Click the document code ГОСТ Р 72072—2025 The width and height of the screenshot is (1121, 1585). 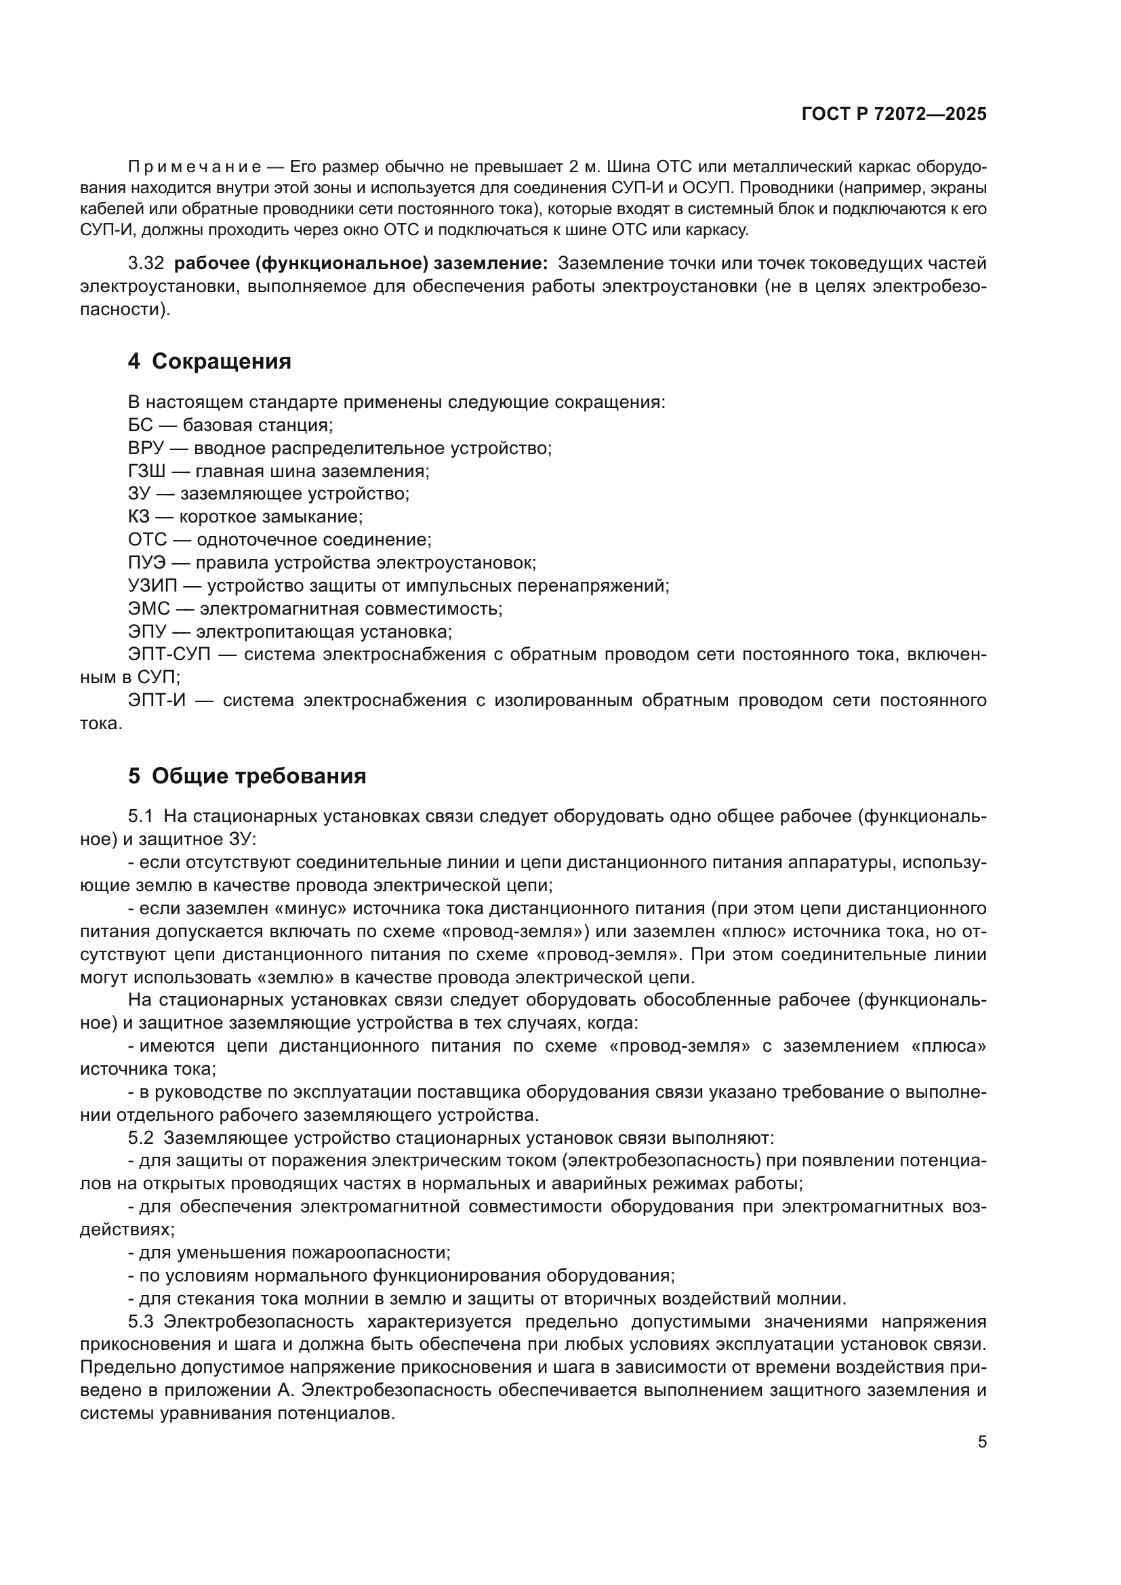click(x=894, y=115)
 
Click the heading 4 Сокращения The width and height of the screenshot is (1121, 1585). click(x=209, y=362)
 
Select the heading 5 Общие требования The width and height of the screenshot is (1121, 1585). click(x=247, y=777)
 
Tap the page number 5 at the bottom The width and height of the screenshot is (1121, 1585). click(x=981, y=1441)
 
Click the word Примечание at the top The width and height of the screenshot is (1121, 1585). click(x=195, y=167)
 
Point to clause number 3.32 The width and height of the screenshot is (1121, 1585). click(x=146, y=264)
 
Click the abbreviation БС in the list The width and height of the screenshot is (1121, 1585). click(x=141, y=426)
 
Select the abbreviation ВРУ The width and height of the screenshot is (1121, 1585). click(x=146, y=449)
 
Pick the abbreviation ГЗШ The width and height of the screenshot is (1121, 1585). click(x=146, y=472)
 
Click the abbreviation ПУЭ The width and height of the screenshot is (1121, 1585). click(x=146, y=563)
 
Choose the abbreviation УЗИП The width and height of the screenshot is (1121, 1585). click(x=152, y=586)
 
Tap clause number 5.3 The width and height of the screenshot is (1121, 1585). click(x=141, y=1322)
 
